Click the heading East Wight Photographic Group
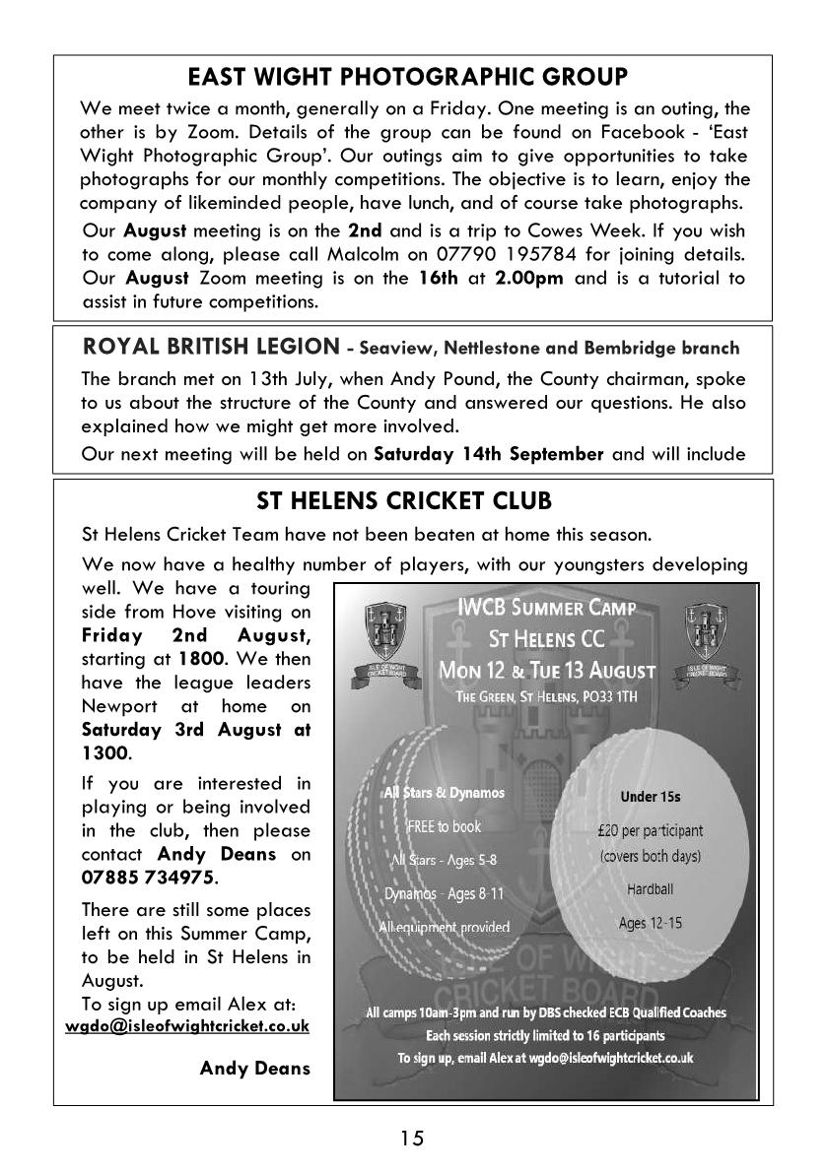pyautogui.click(x=407, y=78)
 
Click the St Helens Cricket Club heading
pyautogui.click(x=404, y=500)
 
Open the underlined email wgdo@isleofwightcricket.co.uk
pyautogui.click(x=187, y=1025)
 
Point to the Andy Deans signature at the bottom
pyautogui.click(x=254, y=1068)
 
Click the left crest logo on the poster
pyautogui.click(x=379, y=636)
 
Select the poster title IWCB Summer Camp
pyautogui.click(x=546, y=609)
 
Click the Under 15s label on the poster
pyautogui.click(x=651, y=797)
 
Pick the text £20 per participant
pyautogui.click(x=651, y=830)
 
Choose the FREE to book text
pyautogui.click(x=444, y=825)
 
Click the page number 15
pyautogui.click(x=412, y=1139)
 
